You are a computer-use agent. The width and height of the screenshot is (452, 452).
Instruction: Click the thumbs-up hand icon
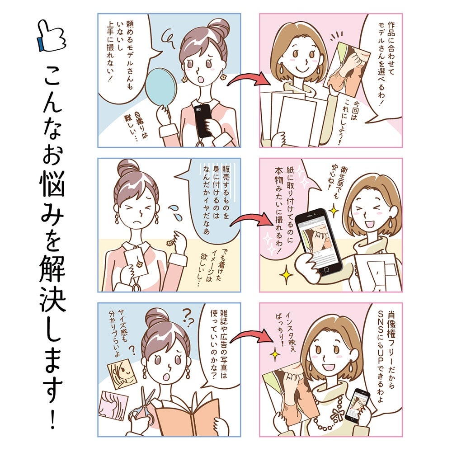coord(52,36)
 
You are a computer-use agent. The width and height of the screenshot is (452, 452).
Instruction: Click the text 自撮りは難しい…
coord(137,127)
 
